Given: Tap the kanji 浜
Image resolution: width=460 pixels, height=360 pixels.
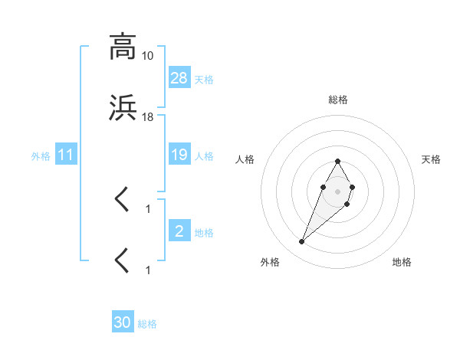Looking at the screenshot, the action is tap(123, 110).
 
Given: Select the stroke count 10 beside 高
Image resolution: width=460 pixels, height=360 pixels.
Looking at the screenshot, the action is tap(148, 56).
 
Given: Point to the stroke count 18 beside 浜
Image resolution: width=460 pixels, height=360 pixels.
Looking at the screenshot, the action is tap(148, 117).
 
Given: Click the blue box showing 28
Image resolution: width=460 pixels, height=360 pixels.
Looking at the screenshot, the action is tap(179, 78).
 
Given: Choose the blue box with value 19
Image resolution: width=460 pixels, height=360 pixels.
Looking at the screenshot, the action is tap(179, 155).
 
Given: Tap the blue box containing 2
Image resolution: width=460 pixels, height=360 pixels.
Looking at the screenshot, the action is tap(179, 231).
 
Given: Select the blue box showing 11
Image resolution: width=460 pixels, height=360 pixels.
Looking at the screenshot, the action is tap(66, 155).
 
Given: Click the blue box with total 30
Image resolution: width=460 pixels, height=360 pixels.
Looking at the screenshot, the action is tap(123, 322).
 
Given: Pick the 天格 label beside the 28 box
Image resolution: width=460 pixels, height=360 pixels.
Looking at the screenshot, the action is tap(204, 80).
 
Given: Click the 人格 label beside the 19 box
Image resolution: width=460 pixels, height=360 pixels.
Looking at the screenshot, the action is tap(204, 156).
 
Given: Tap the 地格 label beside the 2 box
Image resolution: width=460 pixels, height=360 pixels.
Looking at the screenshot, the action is tap(204, 233).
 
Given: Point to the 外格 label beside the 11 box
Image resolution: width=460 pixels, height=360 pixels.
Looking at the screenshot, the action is tap(41, 156).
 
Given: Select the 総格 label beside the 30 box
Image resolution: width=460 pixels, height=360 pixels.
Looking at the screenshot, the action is tap(147, 324).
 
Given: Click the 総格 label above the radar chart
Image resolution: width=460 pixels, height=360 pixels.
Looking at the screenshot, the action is tap(338, 100).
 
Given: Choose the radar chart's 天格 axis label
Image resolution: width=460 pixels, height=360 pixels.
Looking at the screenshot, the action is tap(431, 159).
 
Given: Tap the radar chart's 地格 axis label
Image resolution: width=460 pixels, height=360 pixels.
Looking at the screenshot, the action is tap(402, 262).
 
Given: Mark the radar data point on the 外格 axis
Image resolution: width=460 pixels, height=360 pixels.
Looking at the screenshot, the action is tap(301, 242).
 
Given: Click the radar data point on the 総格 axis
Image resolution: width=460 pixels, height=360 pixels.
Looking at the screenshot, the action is tap(337, 161).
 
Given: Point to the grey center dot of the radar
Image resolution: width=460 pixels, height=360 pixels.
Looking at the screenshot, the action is tap(337, 191).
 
